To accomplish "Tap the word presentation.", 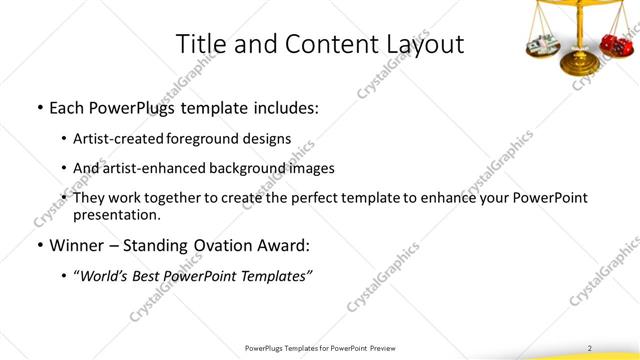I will [x=117, y=214].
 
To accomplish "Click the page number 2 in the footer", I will [x=589, y=348].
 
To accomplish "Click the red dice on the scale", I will [x=612, y=44].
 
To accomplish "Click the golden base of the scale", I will [x=576, y=66].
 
